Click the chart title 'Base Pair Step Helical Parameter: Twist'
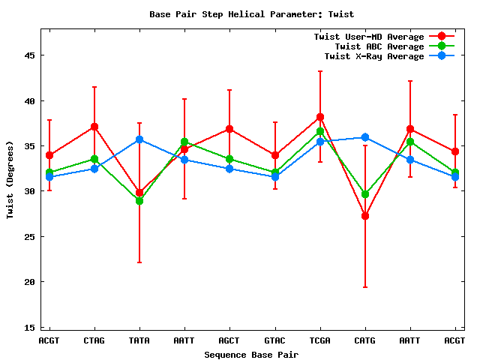click(x=251, y=14)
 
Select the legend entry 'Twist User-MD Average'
click(x=368, y=37)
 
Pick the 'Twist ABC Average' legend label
click(x=379, y=46)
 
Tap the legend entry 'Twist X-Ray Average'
click(x=373, y=56)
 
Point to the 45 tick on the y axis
click(x=31, y=55)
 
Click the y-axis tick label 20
click(x=31, y=282)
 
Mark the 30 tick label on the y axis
click(x=31, y=191)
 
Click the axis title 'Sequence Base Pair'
click(x=251, y=354)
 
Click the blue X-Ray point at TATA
click(x=139, y=139)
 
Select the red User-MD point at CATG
click(x=365, y=216)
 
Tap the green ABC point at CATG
click(x=365, y=194)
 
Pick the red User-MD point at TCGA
click(x=320, y=117)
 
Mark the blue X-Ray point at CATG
click(x=365, y=137)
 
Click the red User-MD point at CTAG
click(x=94, y=127)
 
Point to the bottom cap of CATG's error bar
click(x=365, y=287)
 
